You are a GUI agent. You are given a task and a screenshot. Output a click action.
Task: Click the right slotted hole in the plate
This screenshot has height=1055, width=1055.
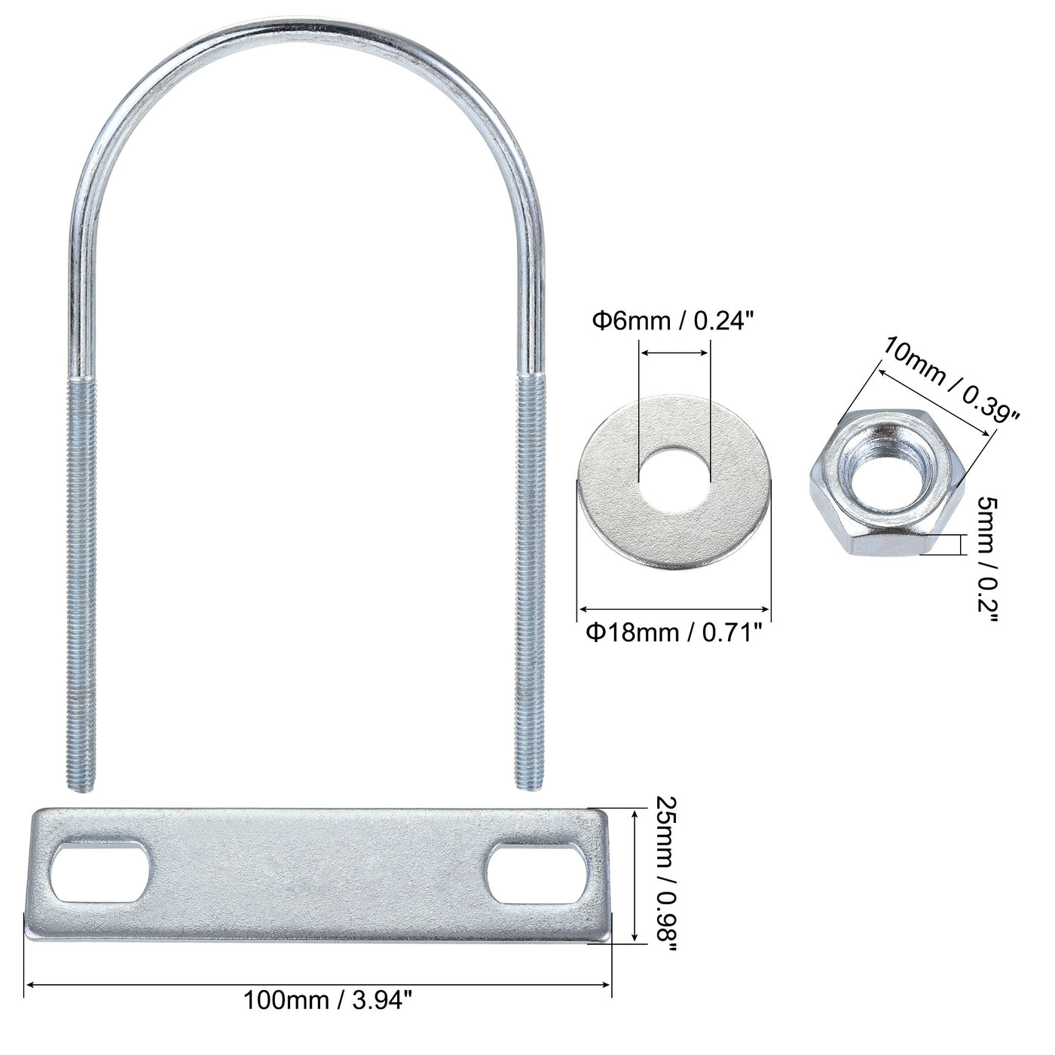pyautogui.click(x=537, y=872)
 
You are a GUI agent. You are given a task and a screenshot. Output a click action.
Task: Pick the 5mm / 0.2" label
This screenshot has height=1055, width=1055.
pyautogui.click(x=987, y=559)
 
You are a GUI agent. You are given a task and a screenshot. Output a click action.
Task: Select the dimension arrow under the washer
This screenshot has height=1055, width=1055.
pyautogui.click(x=674, y=608)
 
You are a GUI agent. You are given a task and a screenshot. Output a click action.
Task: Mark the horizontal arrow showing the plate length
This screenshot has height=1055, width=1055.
pyautogui.click(x=318, y=983)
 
